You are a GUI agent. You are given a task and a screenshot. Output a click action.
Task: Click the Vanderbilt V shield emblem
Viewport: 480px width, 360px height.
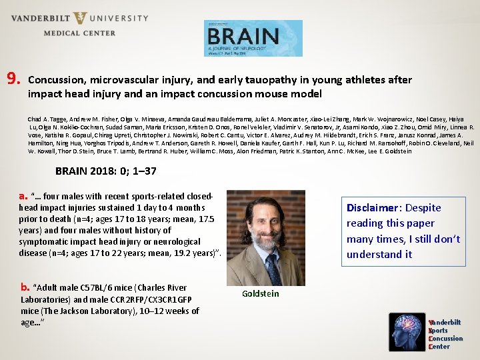click(81, 18)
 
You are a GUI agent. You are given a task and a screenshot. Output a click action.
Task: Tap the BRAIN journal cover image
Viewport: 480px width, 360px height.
click(253, 38)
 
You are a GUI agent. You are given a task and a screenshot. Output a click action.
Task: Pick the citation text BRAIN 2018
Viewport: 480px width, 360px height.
click(87, 171)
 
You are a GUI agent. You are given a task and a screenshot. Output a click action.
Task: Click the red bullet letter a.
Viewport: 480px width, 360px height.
click(23, 196)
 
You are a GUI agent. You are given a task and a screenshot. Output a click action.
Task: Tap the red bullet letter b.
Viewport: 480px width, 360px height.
click(25, 287)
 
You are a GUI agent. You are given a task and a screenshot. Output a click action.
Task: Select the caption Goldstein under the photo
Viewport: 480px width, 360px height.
click(261, 293)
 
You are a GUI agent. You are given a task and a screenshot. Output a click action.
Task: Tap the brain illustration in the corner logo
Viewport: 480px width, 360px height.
click(408, 331)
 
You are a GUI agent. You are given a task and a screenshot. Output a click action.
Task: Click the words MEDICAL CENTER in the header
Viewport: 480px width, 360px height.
click(79, 33)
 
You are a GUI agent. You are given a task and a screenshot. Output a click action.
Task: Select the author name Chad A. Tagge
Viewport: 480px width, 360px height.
click(47, 118)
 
